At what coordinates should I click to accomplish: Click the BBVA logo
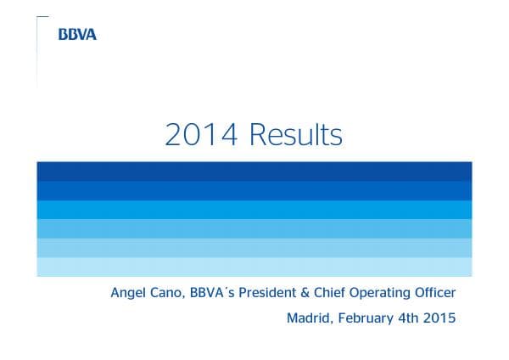77,35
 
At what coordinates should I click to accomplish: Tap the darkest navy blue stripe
254,170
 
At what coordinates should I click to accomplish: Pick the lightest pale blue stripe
254,267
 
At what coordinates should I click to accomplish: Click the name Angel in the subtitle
129,294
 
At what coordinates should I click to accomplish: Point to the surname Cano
169,293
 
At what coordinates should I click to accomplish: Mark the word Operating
391,294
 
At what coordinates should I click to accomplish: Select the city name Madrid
309,319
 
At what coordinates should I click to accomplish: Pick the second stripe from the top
254,189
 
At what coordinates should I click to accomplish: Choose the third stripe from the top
254,209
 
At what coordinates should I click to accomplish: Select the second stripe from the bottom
254,247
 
